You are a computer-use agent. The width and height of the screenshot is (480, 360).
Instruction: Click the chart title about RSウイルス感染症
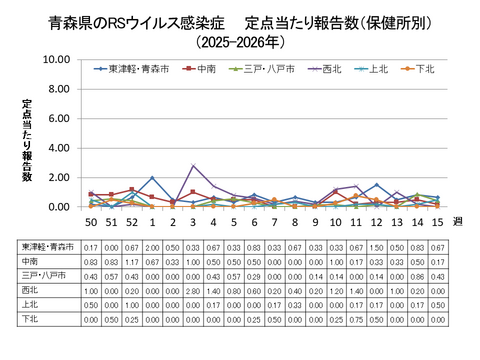[x=240, y=21]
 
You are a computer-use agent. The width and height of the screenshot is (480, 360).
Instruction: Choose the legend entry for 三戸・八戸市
[x=263, y=69]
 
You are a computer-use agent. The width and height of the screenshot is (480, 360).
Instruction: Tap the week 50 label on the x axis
[x=91, y=220]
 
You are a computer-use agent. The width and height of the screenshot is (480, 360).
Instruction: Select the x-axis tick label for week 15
[x=435, y=220]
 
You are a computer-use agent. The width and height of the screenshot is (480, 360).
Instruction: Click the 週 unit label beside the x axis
[x=459, y=222]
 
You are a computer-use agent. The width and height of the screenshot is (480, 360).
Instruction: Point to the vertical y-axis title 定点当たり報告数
[x=28, y=140]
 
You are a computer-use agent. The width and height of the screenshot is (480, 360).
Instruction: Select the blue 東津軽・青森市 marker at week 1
[x=152, y=178]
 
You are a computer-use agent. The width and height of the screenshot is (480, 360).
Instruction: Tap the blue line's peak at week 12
[x=376, y=185]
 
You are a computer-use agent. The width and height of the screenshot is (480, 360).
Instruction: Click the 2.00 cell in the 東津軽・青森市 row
[x=152, y=246]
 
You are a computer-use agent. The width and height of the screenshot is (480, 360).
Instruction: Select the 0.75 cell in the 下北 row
[x=356, y=319]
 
